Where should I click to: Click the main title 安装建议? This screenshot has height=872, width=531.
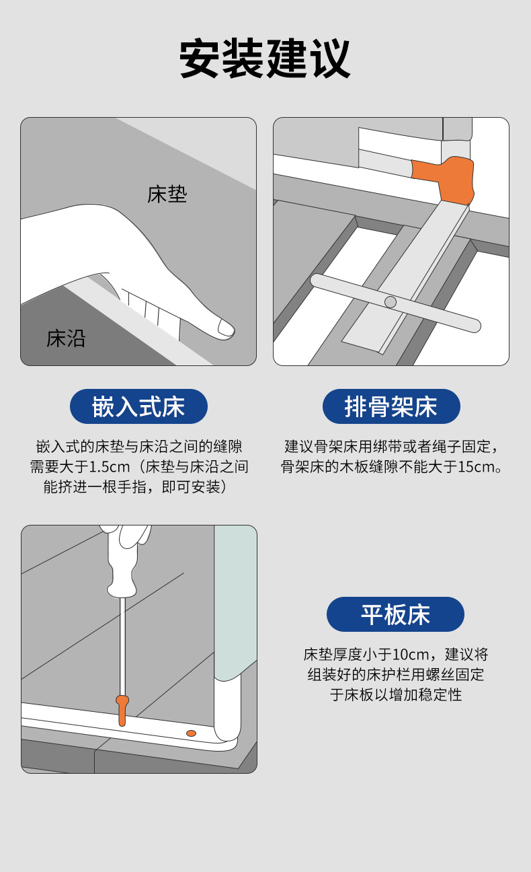[x=265, y=59]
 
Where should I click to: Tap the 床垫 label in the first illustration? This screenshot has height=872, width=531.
[x=167, y=194]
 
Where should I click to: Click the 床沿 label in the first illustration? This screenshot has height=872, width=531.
[x=66, y=338]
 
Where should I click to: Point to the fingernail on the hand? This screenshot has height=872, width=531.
[x=226, y=328]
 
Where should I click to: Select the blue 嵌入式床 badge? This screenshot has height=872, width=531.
[x=138, y=406]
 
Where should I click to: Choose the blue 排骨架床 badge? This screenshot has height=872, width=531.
[x=391, y=406]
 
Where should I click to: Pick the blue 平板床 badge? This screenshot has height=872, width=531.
[x=395, y=614]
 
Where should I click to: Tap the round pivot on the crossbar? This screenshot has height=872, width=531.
[x=390, y=301]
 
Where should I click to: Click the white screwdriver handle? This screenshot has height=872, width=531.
[x=124, y=561]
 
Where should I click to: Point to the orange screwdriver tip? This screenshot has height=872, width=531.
[x=122, y=711]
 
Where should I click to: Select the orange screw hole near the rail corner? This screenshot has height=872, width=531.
[x=191, y=733]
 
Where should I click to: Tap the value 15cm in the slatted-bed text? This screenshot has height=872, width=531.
[x=475, y=466]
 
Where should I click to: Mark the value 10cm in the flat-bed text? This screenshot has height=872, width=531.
[x=411, y=655]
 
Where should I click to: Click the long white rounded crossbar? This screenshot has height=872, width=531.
[x=396, y=303]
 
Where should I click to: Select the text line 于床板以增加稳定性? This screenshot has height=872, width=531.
[x=396, y=695]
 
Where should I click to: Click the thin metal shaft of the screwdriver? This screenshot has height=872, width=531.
[x=122, y=646]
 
